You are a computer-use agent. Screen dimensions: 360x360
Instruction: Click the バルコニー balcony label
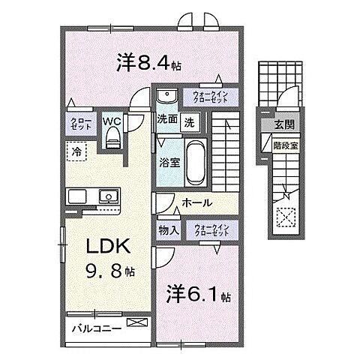pos(97,328)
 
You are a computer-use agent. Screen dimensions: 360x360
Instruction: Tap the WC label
pos(112,119)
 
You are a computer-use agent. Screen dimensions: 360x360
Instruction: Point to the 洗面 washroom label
pos(167,118)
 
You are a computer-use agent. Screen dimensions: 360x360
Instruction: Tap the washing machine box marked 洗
pos(190,120)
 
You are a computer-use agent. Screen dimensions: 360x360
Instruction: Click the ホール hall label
pos(197,202)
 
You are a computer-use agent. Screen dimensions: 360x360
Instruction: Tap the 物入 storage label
pos(168,230)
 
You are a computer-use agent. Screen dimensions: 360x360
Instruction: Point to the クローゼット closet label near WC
pos(81,124)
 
